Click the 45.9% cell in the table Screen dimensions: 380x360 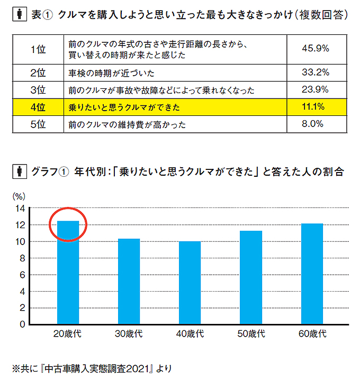[315, 49]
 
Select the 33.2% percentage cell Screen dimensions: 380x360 [315, 72]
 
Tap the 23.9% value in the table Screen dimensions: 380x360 [315, 89]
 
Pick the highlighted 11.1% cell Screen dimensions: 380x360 [315, 107]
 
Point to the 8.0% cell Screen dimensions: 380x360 [315, 124]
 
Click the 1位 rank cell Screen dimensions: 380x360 [38, 49]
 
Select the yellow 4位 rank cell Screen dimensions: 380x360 [38, 107]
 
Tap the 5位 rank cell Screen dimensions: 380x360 [38, 124]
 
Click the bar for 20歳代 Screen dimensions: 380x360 [68, 272]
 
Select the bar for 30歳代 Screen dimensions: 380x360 [129, 281]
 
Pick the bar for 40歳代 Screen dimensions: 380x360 [190, 282]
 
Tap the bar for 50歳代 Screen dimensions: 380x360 [251, 277]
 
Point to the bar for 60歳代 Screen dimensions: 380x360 [312, 273]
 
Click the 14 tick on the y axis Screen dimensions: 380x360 [20, 209]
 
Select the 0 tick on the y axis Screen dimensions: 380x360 [22, 324]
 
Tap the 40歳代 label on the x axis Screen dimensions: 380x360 [190, 334]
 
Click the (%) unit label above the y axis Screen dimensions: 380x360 [18, 196]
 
